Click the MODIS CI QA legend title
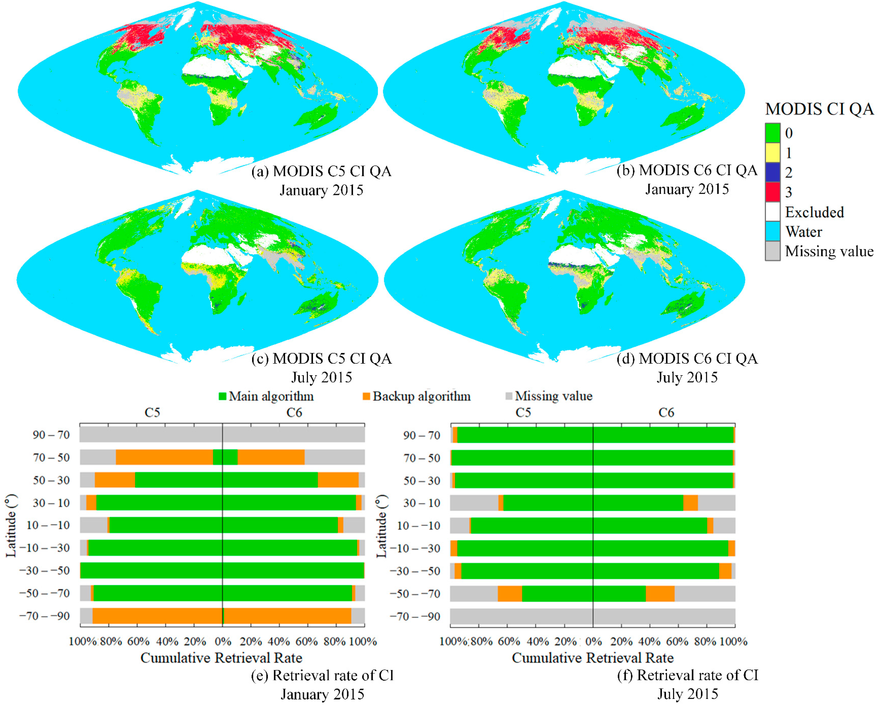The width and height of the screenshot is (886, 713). click(819, 109)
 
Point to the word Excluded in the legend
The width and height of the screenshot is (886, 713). click(814, 212)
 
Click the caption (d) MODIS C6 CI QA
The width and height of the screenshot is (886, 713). click(687, 359)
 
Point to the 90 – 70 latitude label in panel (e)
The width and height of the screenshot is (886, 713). click(51, 435)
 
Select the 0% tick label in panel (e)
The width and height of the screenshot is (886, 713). click(223, 641)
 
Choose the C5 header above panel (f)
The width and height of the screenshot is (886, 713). click(523, 412)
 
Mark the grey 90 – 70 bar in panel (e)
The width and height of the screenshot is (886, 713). click(222, 435)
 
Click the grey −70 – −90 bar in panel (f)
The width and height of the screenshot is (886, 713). click(592, 616)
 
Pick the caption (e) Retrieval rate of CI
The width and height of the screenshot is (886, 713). click(322, 675)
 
